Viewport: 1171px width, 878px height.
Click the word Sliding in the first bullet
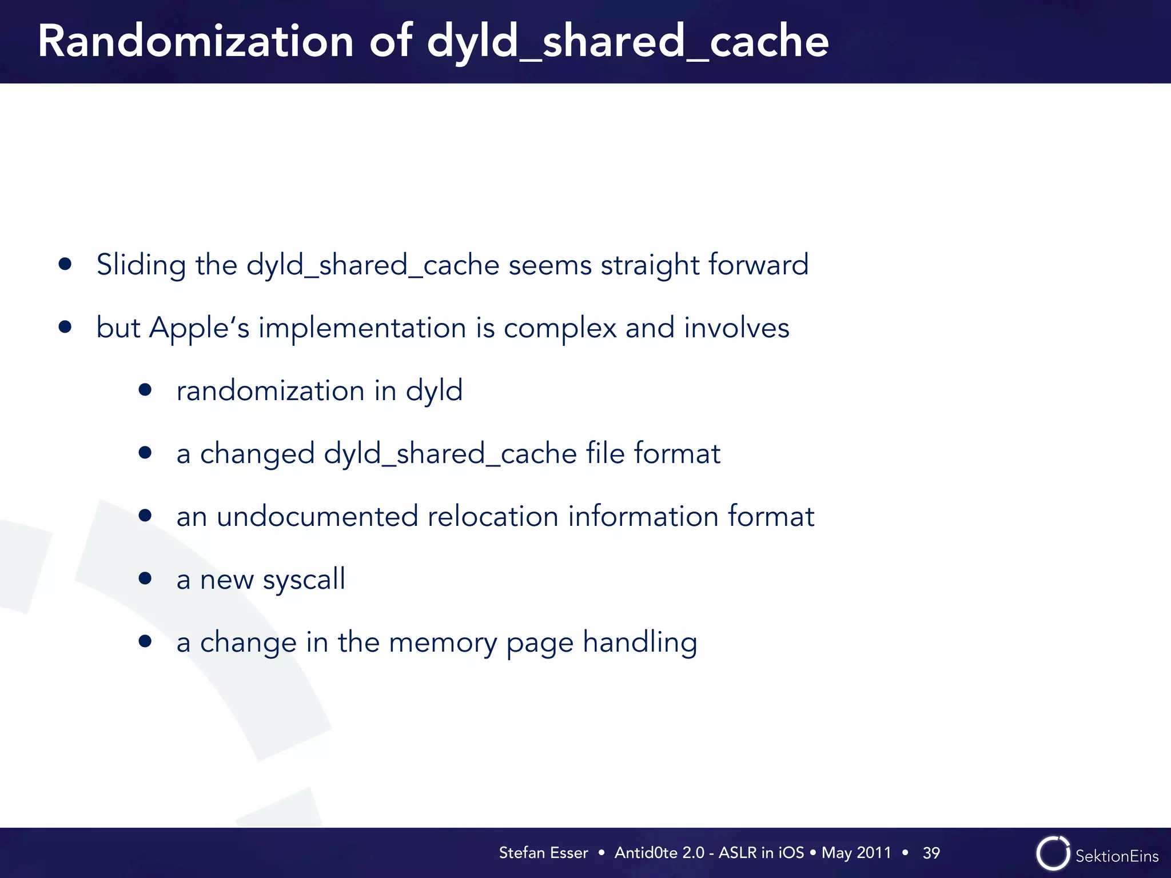tap(141, 265)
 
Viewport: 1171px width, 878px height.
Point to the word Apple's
tap(199, 328)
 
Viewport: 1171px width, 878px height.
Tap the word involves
tap(736, 328)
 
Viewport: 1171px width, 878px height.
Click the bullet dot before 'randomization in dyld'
tap(145, 390)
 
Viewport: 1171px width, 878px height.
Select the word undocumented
tap(317, 516)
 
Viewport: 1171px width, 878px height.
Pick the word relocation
tap(492, 516)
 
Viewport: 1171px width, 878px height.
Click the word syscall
tap(304, 580)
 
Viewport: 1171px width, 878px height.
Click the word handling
tap(640, 642)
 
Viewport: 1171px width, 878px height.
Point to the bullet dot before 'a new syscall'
tap(145, 578)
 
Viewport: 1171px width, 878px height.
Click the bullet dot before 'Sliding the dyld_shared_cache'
tap(65, 264)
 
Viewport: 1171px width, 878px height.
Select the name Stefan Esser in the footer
tap(543, 853)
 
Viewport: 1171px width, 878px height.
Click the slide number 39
tap(931, 853)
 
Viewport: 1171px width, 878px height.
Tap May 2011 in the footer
tap(856, 853)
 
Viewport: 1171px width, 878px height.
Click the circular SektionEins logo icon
tap(1053, 853)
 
